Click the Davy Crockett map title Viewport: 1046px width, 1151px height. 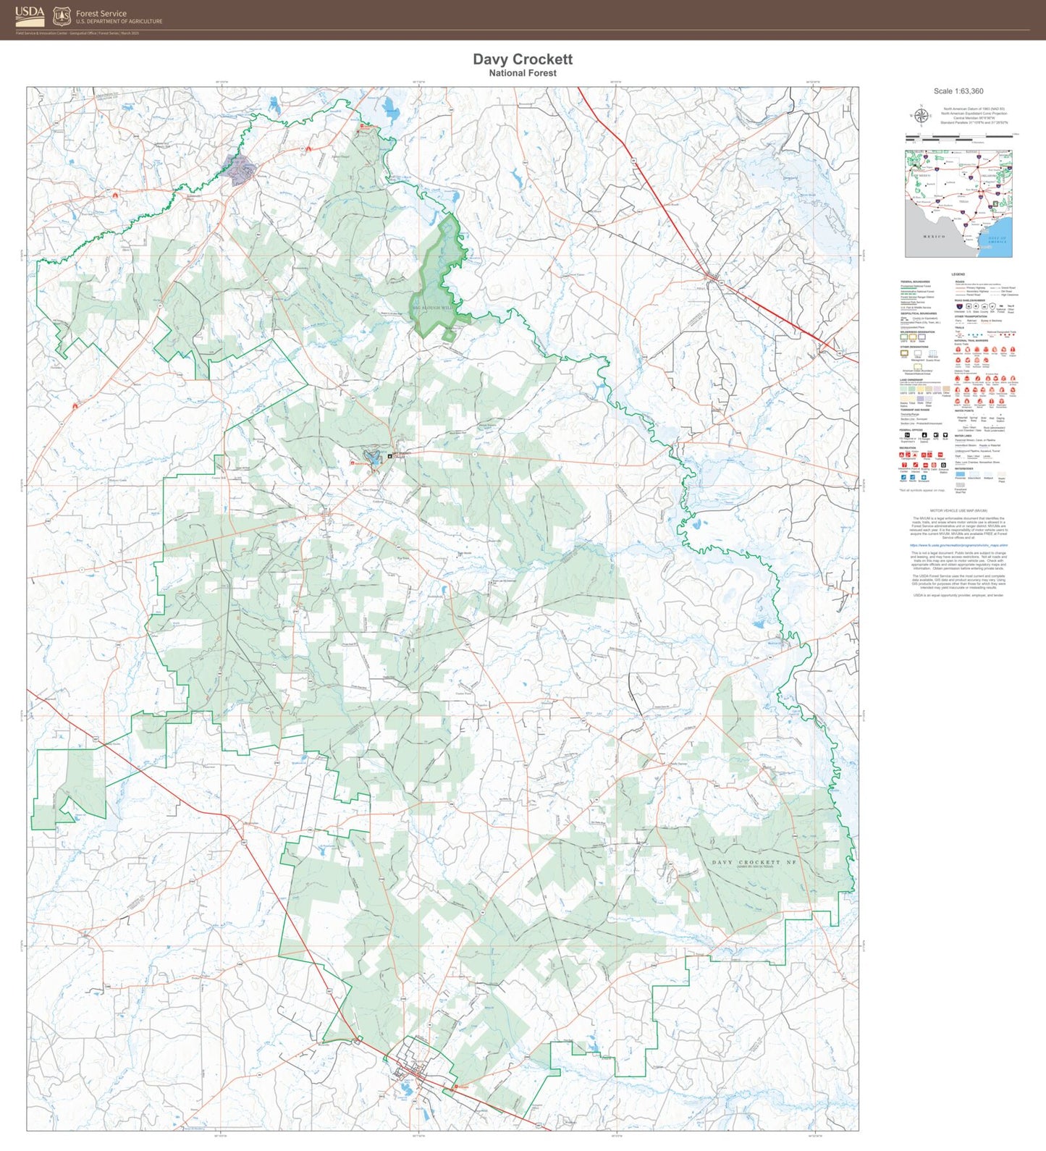(x=523, y=59)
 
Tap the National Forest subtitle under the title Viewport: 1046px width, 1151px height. (x=523, y=73)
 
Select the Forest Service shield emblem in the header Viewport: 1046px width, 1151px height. (x=62, y=16)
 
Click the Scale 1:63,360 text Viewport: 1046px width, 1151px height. (x=958, y=91)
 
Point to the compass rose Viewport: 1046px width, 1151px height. (x=921, y=116)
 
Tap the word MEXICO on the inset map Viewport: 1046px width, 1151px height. (x=934, y=237)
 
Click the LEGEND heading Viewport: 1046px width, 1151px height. (x=958, y=274)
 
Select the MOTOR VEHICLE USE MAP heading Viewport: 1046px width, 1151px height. (x=958, y=510)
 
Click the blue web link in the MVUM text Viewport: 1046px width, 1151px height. (x=958, y=545)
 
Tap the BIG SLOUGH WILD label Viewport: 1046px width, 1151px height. (x=432, y=308)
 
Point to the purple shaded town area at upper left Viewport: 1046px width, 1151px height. (x=240, y=171)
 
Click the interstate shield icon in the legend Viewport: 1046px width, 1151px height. (x=960, y=307)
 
